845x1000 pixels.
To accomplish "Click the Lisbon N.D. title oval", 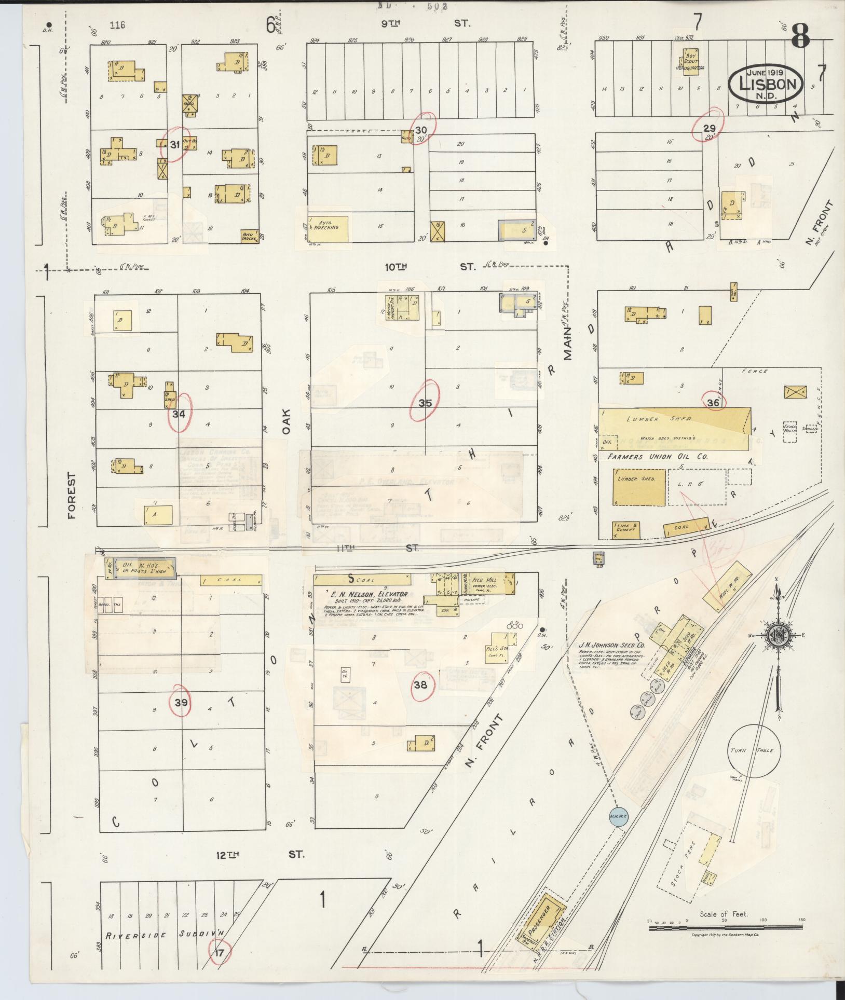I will pyautogui.click(x=766, y=83).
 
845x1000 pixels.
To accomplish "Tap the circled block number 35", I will pyautogui.click(x=425, y=402).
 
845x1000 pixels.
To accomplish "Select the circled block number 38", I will pyautogui.click(x=420, y=684).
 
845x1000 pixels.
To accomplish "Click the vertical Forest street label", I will pyautogui.click(x=71, y=496).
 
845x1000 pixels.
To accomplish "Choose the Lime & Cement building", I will pyautogui.click(x=625, y=528).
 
